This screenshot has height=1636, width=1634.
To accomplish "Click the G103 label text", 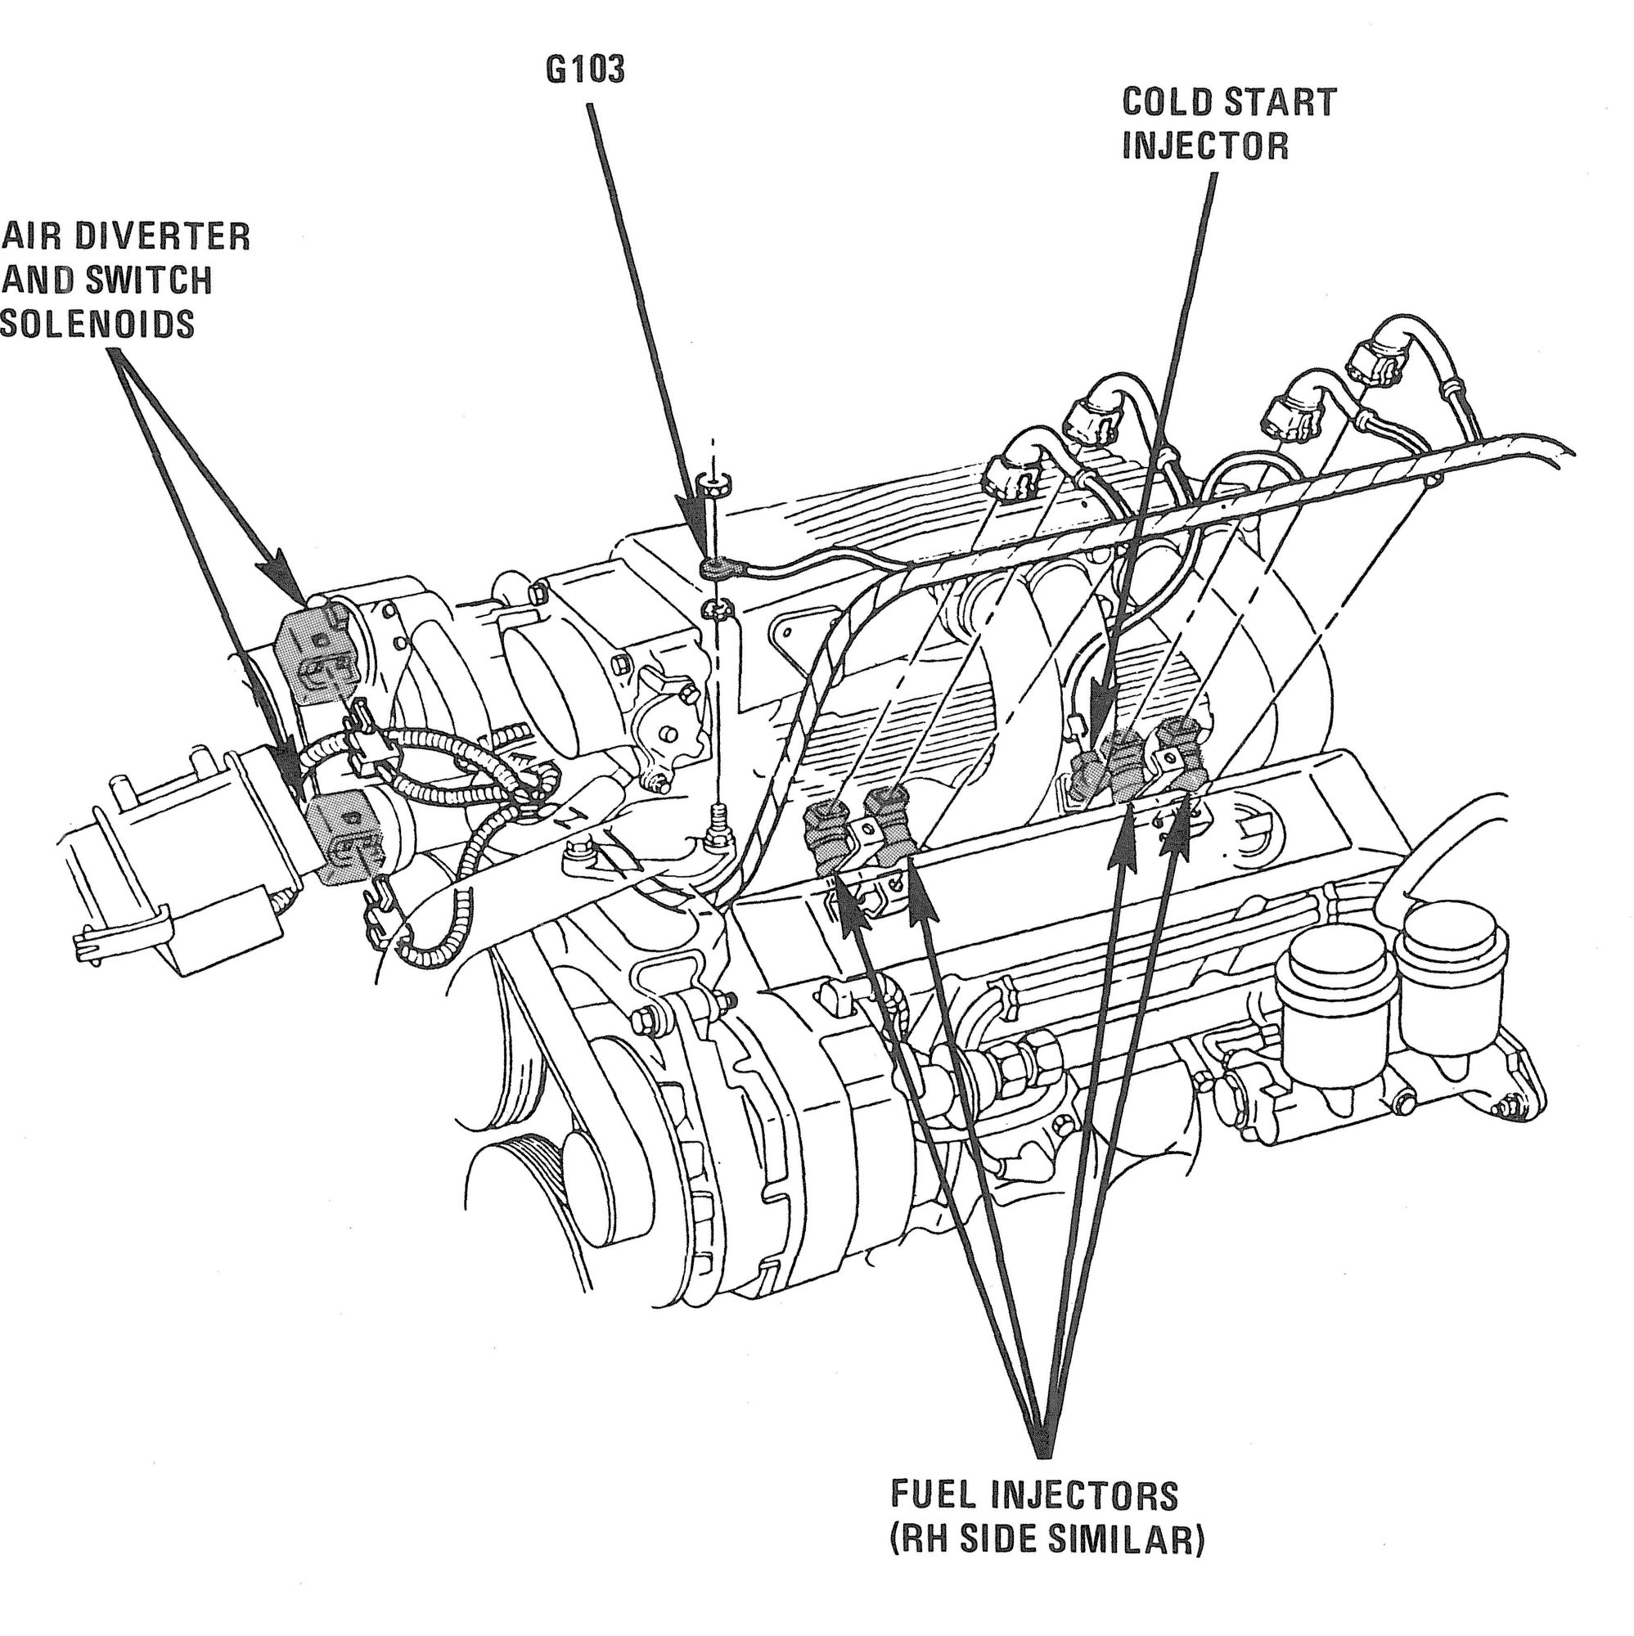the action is click(x=585, y=71).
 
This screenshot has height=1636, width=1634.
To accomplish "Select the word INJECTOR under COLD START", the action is click(x=1204, y=146).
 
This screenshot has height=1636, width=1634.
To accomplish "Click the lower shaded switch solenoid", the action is click(x=344, y=834).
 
